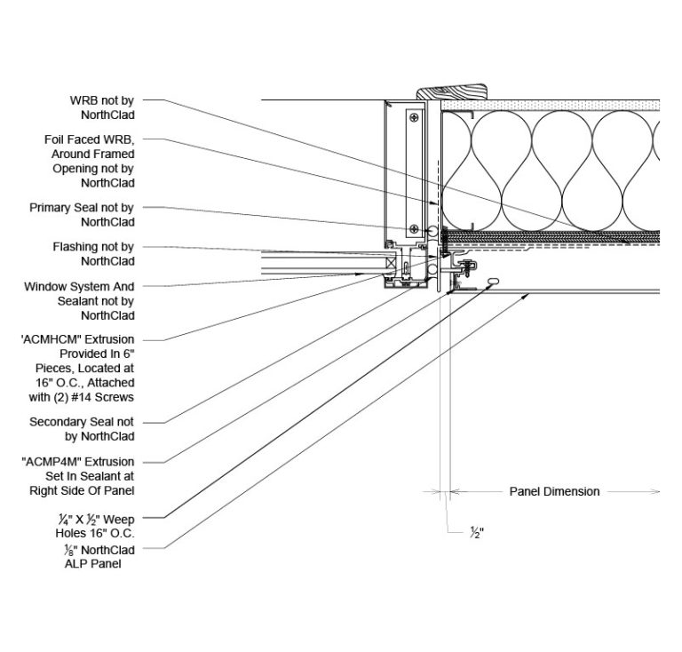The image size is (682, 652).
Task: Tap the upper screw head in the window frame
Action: [x=413, y=116]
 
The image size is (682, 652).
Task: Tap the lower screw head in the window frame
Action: [x=413, y=228]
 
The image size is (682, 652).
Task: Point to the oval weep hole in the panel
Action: [x=492, y=282]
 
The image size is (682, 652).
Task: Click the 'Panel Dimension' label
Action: [x=553, y=491]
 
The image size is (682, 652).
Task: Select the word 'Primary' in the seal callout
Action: [x=50, y=207]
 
